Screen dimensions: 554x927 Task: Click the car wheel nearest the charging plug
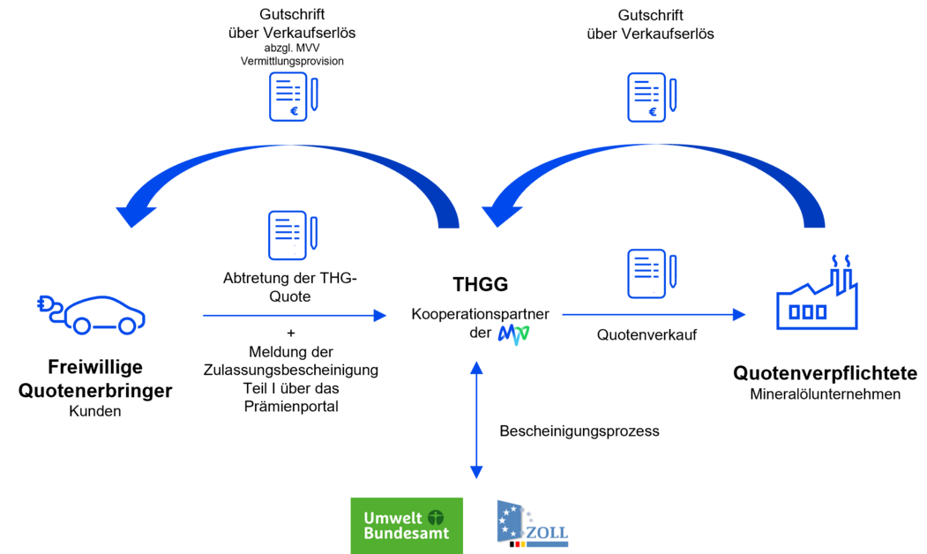[81, 326]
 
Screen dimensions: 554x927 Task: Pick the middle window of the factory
[807, 311]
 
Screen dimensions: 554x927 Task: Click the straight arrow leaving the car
[294, 315]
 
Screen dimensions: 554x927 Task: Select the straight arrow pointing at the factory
[653, 314]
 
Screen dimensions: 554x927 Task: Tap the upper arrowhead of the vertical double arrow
[476, 366]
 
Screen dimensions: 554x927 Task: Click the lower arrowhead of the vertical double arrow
[476, 473]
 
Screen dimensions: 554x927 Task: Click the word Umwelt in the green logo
[392, 518]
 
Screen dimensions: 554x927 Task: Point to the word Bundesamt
[406, 533]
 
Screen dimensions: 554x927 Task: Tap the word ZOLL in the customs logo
[547, 533]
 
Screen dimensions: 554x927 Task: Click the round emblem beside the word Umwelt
[436, 518]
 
